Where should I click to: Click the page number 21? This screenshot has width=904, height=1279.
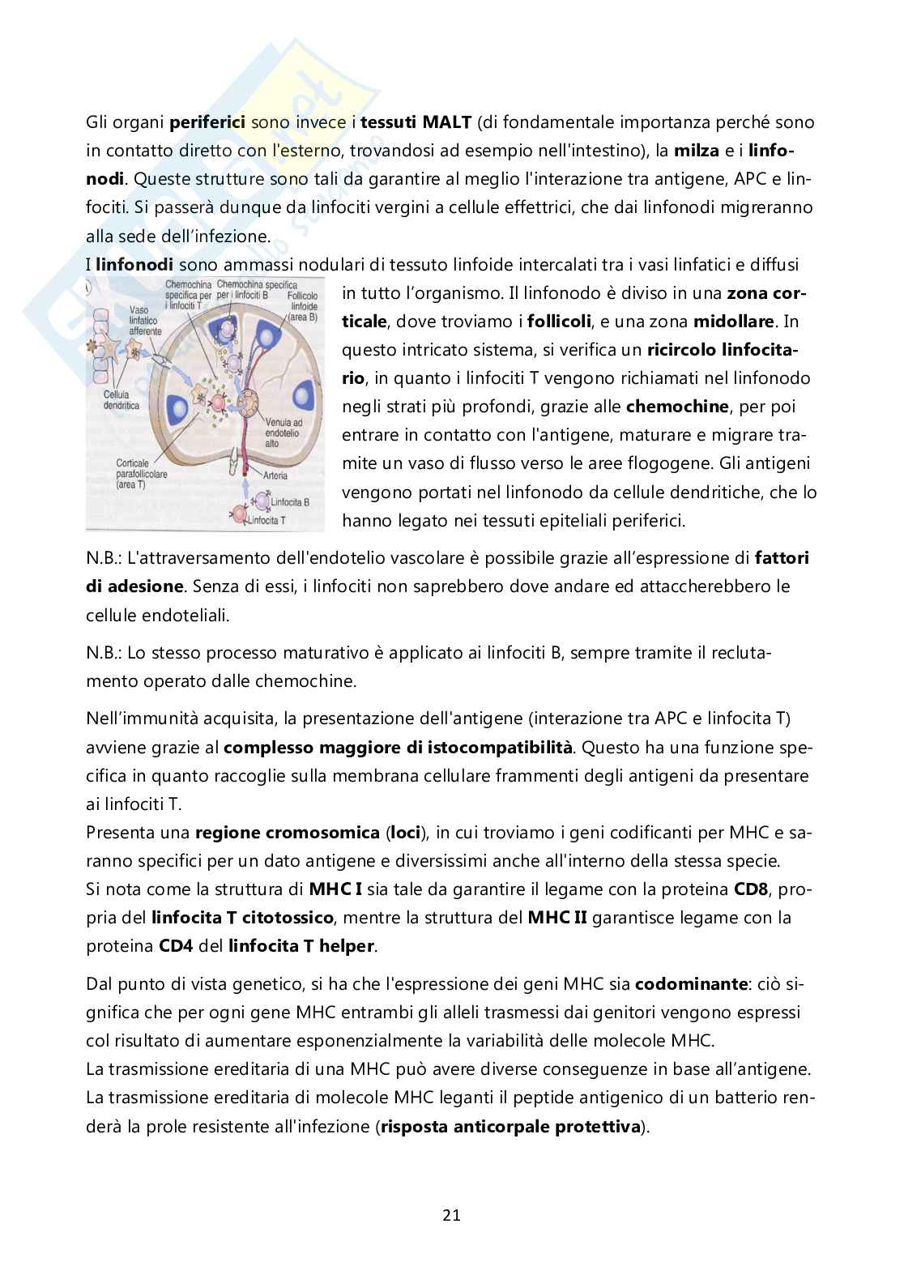(x=452, y=1215)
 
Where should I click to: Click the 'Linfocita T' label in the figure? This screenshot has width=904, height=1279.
(x=275, y=520)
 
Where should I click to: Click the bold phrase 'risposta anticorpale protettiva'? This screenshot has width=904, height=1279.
(x=510, y=1127)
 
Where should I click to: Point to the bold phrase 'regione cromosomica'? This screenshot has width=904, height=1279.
(x=287, y=833)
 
